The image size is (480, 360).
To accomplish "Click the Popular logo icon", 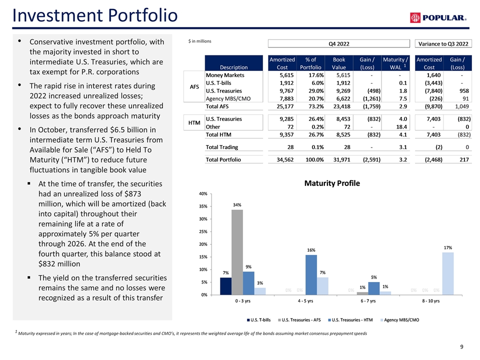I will [415, 18].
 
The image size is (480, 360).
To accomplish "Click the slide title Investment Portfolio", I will [95, 15].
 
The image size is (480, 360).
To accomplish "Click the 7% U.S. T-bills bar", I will [225, 285].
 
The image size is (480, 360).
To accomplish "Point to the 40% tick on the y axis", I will [203, 193].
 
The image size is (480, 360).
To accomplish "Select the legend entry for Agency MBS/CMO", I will [400, 319].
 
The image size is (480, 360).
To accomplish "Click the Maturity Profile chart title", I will [331, 183].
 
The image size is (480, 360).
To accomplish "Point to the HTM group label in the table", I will [193, 123].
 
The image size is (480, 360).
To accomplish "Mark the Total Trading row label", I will [222, 147].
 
